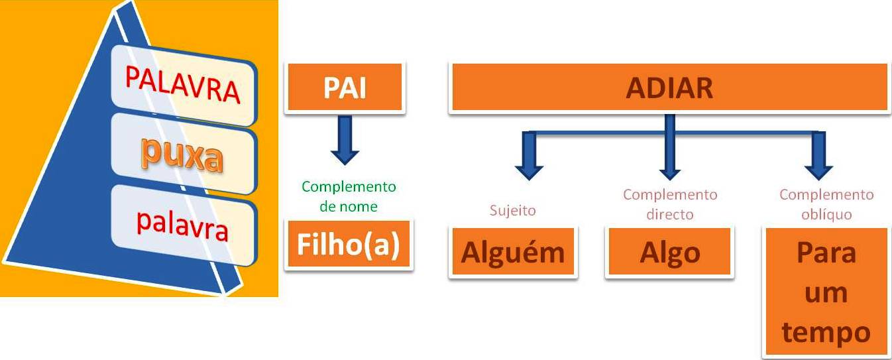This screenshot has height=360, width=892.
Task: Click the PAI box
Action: pyautogui.click(x=345, y=88)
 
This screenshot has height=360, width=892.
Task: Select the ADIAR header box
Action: pyautogui.click(x=669, y=88)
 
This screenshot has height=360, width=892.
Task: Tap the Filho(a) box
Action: pyautogui.click(x=349, y=245)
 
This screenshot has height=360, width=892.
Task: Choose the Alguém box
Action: pyautogui.click(x=513, y=252)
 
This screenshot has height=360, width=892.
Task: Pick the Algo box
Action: pyautogui.click(x=669, y=252)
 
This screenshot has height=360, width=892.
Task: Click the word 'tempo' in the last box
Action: pyautogui.click(x=826, y=331)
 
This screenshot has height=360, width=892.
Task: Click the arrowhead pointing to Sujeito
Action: pyautogui.click(x=529, y=169)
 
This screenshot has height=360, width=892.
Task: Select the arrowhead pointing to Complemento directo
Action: pyautogui.click(x=669, y=169)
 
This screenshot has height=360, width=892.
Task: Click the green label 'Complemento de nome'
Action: pyautogui.click(x=349, y=196)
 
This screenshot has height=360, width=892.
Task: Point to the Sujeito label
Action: pyautogui.click(x=512, y=211)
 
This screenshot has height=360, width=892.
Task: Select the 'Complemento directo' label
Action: pyautogui.click(x=669, y=204)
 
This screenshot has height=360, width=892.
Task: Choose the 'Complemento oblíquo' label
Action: pyautogui.click(x=826, y=204)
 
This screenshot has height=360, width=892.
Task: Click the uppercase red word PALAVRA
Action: pyautogui.click(x=183, y=85)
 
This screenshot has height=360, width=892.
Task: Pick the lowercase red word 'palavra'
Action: pyautogui.click(x=182, y=225)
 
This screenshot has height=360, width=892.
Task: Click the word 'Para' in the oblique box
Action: pyautogui.click(x=826, y=253)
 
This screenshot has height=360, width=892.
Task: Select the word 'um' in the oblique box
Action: pyautogui.click(x=826, y=292)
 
